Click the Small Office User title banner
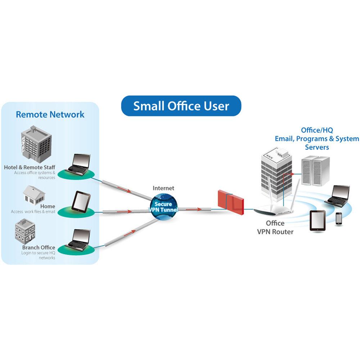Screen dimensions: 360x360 pos(181,106)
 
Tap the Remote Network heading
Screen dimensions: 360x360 pos(50,114)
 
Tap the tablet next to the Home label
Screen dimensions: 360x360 pos(79,202)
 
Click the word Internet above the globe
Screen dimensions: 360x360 pos(163,188)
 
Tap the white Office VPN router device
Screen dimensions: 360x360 pos(274,212)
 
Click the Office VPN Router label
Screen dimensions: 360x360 pos(275,228)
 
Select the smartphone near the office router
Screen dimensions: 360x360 pos(339,219)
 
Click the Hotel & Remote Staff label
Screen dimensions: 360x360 pos(30,167)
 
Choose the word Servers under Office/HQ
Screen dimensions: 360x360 pos(317,147)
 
